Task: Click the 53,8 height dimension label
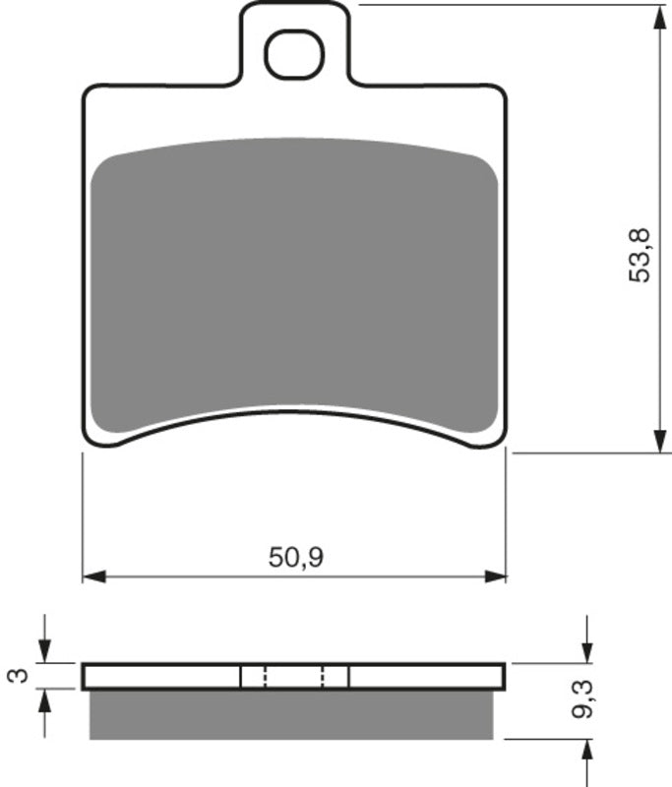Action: (641, 255)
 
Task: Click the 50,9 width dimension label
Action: (296, 558)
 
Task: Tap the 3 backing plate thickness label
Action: (16, 676)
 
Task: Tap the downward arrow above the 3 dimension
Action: (43, 653)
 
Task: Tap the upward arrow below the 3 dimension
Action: (43, 699)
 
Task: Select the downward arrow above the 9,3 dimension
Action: (586, 652)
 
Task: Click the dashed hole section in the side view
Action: (294, 677)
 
